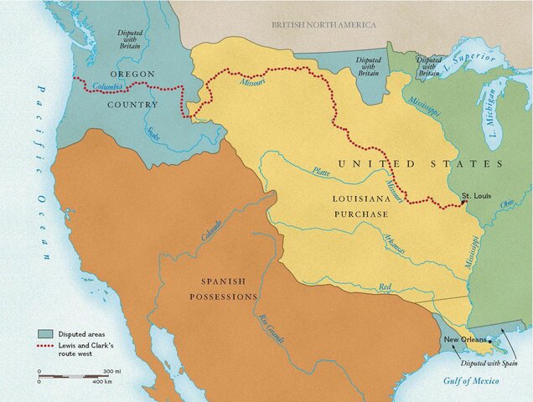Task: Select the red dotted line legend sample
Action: click(x=48, y=345)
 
